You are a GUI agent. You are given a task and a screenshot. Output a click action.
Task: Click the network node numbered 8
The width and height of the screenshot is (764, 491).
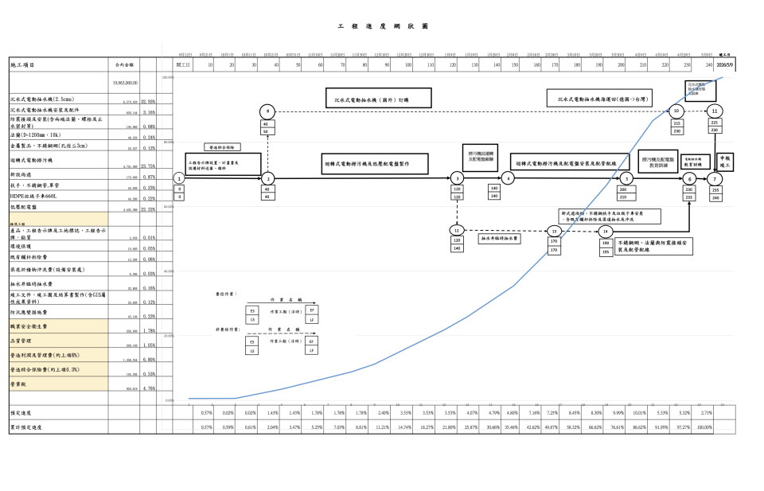click(268, 111)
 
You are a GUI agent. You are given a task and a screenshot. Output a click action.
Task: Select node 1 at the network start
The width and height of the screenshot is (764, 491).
click(180, 178)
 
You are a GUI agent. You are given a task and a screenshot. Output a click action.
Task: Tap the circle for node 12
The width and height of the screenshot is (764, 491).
click(456, 230)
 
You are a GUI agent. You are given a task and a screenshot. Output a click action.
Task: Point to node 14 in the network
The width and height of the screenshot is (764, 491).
click(606, 231)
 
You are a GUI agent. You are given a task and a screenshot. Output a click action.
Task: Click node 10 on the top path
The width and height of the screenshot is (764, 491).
click(676, 111)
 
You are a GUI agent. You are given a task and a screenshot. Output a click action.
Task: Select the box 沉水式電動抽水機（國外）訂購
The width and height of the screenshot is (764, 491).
click(377, 99)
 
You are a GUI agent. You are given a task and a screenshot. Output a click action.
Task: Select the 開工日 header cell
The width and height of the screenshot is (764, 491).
click(183, 64)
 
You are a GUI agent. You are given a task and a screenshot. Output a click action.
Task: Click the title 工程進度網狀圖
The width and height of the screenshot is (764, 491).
click(383, 25)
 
